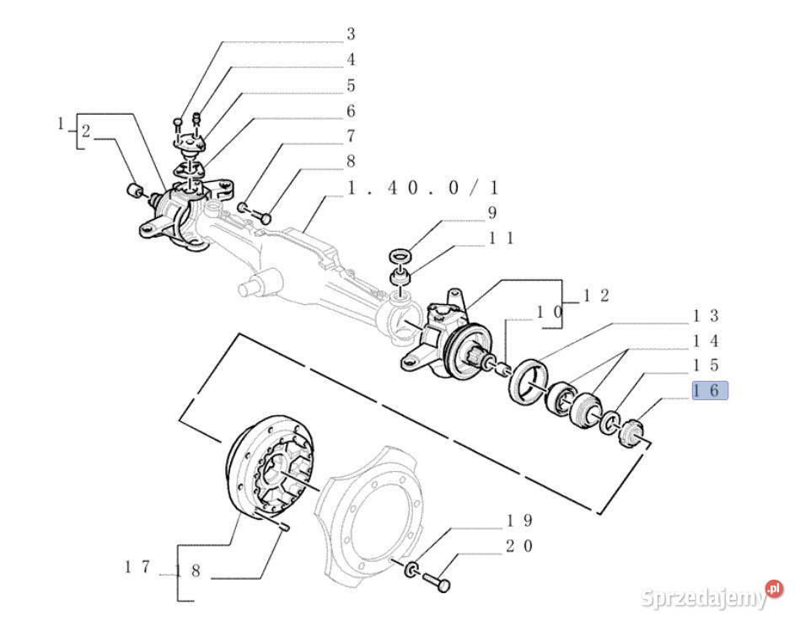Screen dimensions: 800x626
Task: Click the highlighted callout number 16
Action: coord(710,390)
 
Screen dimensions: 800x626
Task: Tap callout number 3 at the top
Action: coord(351,35)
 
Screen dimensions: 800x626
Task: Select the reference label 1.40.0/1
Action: coord(422,188)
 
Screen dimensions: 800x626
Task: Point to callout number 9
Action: coord(491,212)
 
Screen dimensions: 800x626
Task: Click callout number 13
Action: coord(706,316)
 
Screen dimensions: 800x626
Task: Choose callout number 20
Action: coord(519,546)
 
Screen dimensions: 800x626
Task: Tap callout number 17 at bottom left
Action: coord(137,566)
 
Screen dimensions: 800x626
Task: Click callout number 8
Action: coord(351,162)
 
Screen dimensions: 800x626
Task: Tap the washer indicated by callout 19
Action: coord(412,569)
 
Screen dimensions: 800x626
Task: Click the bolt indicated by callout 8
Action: coord(261,217)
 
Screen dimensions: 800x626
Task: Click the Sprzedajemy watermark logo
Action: coord(711,596)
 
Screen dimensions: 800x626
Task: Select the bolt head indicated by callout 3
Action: coord(177,122)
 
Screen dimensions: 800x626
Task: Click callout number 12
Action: coord(597,295)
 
